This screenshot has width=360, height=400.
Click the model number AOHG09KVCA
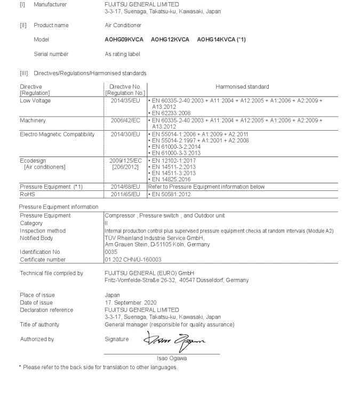(124, 39)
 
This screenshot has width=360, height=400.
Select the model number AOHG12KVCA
(170, 39)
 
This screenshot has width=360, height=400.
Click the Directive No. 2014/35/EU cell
(125, 100)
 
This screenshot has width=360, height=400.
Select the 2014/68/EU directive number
(125, 187)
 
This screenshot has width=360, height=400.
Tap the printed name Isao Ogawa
(170, 358)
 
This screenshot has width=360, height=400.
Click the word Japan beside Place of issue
(112, 295)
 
